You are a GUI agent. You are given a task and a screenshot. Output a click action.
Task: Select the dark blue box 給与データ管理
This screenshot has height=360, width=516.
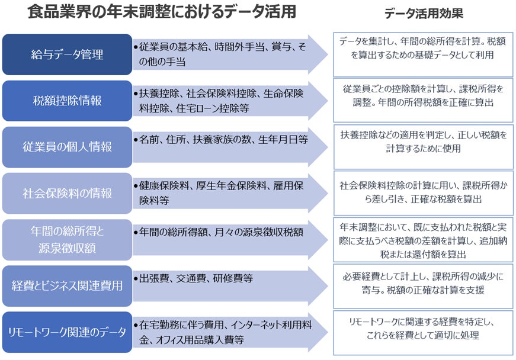pyautogui.click(x=67, y=54)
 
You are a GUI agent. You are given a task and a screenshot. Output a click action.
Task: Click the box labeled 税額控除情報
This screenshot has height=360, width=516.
pyautogui.click(x=67, y=101)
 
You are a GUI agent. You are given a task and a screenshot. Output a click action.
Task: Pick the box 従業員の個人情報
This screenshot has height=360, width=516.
pyautogui.click(x=67, y=147)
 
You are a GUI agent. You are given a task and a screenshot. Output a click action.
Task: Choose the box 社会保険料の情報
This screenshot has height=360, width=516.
pyautogui.click(x=67, y=193)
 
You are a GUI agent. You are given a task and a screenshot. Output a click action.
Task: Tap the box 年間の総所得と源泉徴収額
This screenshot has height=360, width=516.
pyautogui.click(x=67, y=240)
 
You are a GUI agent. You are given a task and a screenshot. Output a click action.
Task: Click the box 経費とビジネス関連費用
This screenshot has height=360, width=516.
pyautogui.click(x=67, y=286)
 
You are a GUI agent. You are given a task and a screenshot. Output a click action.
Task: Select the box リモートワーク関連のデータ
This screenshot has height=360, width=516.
pyautogui.click(x=67, y=332)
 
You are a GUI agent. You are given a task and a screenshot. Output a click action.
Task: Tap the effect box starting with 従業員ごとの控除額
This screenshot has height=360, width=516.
pyautogui.click(x=423, y=95)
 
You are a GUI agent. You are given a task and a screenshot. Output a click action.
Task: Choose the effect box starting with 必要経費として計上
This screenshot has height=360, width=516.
pyautogui.click(x=423, y=284)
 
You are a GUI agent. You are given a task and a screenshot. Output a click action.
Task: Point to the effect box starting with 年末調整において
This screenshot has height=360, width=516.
pyautogui.click(x=423, y=240)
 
